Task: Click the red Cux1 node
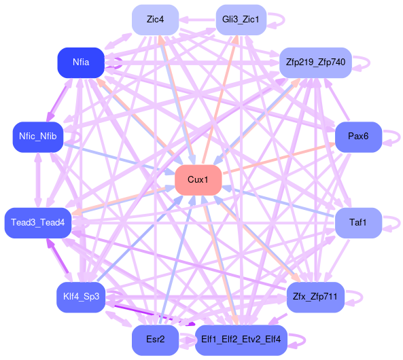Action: (198, 180)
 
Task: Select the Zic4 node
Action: (155, 20)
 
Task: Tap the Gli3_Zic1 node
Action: (241, 20)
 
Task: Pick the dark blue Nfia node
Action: (81, 62)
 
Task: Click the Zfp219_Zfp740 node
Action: (315, 62)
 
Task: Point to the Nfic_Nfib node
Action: (38, 137)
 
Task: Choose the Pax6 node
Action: (358, 137)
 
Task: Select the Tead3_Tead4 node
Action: (38, 223)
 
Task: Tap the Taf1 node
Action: (358, 223)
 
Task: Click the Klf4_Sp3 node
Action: (81, 297)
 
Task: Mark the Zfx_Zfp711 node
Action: (315, 297)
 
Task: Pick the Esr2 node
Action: (155, 340)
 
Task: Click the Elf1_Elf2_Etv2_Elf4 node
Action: (241, 340)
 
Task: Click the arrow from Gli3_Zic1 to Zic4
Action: (197, 20)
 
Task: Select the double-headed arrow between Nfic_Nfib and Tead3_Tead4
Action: (38, 180)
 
